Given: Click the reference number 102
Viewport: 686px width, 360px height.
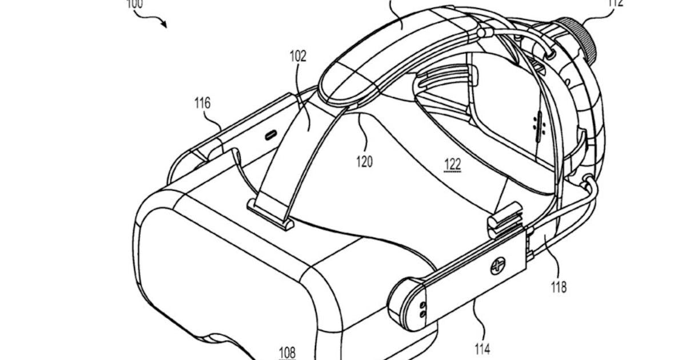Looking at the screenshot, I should click(x=298, y=57).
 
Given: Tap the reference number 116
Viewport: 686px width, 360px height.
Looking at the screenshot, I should click(x=201, y=103).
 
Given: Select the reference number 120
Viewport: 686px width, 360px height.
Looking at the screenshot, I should click(x=364, y=161).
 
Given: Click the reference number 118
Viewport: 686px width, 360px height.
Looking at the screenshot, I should click(x=558, y=287).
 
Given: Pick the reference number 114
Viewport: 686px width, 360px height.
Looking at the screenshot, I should click(x=482, y=347).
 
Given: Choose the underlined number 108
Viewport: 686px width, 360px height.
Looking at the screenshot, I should click(x=288, y=353).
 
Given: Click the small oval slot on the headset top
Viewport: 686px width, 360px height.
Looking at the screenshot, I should click(x=270, y=135).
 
